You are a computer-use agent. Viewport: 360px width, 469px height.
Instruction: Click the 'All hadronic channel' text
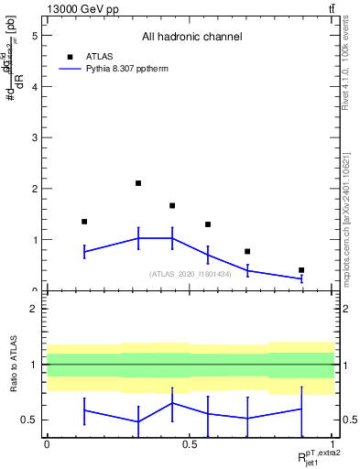point(191,38)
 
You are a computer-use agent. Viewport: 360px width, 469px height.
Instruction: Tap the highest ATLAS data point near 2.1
point(138,183)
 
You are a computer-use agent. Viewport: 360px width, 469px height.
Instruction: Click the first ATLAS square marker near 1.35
point(84,222)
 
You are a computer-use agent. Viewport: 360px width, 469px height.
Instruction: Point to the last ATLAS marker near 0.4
point(301,270)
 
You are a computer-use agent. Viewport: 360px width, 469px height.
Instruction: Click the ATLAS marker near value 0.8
point(247,251)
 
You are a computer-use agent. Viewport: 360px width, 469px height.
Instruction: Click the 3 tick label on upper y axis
point(35,137)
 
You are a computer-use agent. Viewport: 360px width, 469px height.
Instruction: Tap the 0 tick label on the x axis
point(47,443)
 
